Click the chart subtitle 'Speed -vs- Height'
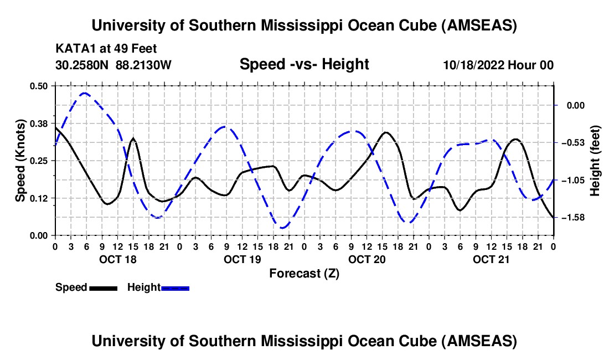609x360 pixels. (x=304, y=64)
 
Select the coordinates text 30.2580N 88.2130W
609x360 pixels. (x=113, y=65)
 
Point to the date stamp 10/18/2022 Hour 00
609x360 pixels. (x=498, y=65)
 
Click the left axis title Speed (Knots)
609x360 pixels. (x=20, y=161)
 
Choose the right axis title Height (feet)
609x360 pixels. (x=595, y=161)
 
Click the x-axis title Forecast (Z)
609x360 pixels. (x=304, y=273)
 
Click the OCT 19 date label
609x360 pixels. (x=242, y=259)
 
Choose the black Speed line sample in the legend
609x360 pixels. (x=103, y=287)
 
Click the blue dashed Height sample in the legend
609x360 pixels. (x=175, y=287)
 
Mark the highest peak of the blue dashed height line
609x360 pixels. (x=84, y=93)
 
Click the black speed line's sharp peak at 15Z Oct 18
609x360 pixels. (x=133, y=138)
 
